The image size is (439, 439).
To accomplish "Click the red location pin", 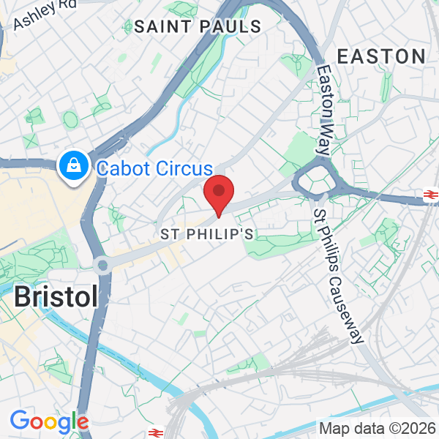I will coord(218,192).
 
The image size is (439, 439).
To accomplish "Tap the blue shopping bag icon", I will coord(75,168).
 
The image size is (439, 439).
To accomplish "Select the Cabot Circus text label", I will coord(154,169).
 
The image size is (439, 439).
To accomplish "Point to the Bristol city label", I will coord(56,297).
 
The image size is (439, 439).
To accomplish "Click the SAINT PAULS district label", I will coord(198,27).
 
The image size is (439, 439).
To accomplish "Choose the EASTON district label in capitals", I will coord(380,56).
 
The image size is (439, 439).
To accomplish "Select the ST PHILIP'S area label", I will coord(207,235).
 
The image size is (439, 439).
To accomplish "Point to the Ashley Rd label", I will coord(44,12).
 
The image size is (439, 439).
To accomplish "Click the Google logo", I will coord(49,421).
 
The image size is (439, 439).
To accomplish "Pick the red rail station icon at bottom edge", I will coord(154,432).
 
